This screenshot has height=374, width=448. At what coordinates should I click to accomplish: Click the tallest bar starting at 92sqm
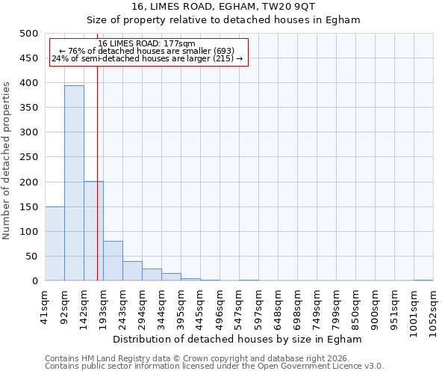[x=74, y=183]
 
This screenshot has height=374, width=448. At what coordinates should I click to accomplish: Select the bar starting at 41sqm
[x=55, y=244]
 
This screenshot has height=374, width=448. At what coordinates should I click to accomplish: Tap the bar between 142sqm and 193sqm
[x=93, y=231]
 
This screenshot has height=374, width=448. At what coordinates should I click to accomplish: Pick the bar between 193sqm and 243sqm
[x=113, y=261]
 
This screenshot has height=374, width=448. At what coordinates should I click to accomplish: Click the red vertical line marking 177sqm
[x=98, y=187]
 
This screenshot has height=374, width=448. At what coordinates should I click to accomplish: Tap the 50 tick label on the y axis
[x=31, y=257]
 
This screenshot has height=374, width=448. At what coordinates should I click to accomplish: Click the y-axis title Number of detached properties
[x=7, y=157]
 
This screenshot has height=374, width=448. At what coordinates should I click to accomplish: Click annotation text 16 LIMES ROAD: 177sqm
[x=146, y=43]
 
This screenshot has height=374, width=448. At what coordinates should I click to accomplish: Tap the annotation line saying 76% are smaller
[x=146, y=51]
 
